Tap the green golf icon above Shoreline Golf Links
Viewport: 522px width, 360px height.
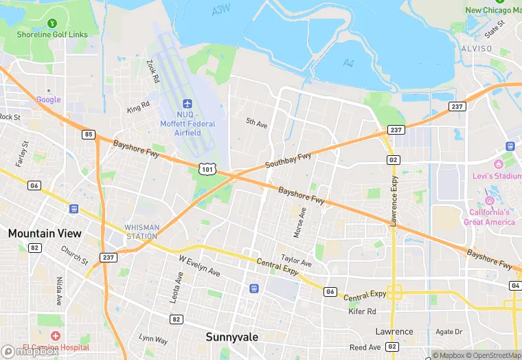tap(53, 23)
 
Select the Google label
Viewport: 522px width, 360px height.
tap(49, 100)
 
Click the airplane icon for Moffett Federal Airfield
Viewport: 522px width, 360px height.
tap(188, 103)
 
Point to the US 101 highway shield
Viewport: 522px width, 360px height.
tap(209, 168)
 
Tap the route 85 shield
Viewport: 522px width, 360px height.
tap(89, 134)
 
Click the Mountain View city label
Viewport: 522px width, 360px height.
tap(45, 234)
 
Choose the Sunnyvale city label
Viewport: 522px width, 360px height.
tap(232, 337)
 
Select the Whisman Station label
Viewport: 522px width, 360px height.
tap(141, 232)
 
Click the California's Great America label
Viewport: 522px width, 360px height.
tap(490, 217)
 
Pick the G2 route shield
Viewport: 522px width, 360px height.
tap(393, 159)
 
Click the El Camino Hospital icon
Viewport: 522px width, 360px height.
tap(55, 336)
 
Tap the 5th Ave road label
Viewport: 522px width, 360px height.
tap(256, 123)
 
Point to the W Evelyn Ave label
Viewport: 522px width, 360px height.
tap(199, 267)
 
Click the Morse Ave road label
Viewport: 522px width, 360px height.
tap(300, 223)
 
